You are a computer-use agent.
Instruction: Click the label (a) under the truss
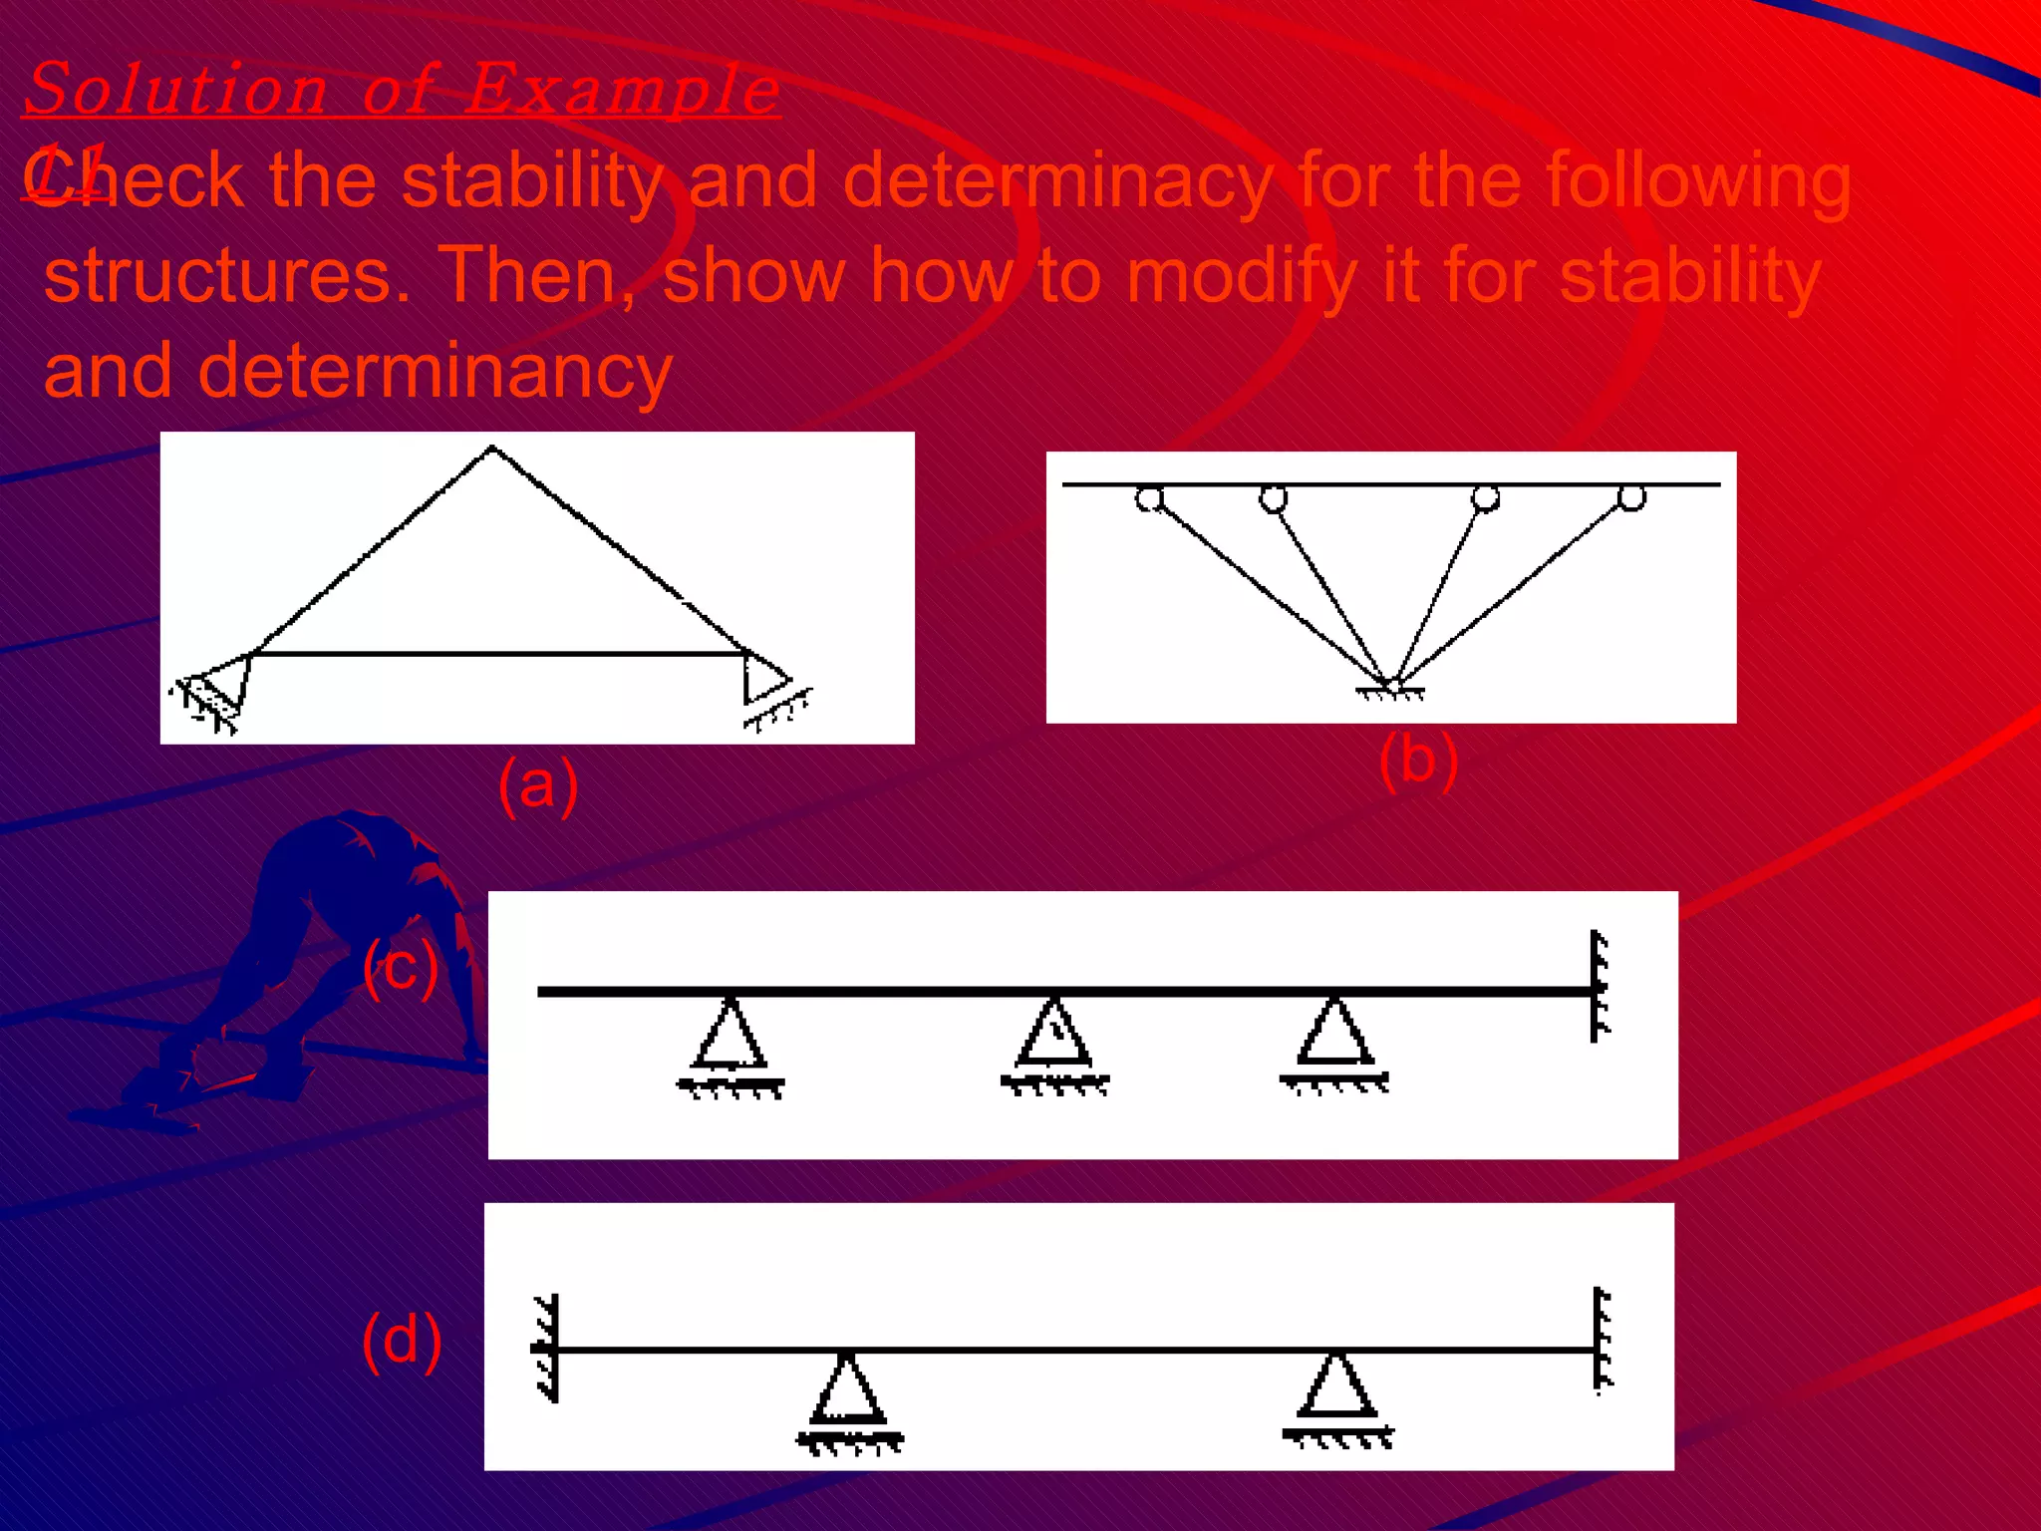pyautogui.click(x=538, y=785)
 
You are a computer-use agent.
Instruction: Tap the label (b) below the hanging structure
pyautogui.click(x=1418, y=760)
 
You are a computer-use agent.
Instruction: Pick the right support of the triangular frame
pyautogui.click(x=769, y=688)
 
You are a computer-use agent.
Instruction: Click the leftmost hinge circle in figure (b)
pyautogui.click(x=1149, y=497)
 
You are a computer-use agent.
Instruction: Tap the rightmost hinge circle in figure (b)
pyautogui.click(x=1631, y=496)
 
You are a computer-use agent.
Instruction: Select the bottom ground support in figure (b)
pyautogui.click(x=1391, y=689)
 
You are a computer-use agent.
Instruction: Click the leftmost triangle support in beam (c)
pyautogui.click(x=730, y=1043)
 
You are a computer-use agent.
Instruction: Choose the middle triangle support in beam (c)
pyautogui.click(x=1054, y=1041)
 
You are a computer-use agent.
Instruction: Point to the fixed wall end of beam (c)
pyautogui.click(x=1599, y=987)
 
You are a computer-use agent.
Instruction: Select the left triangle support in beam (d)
pyautogui.click(x=848, y=1395)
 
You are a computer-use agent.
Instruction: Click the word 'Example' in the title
pyautogui.click(x=623, y=89)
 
